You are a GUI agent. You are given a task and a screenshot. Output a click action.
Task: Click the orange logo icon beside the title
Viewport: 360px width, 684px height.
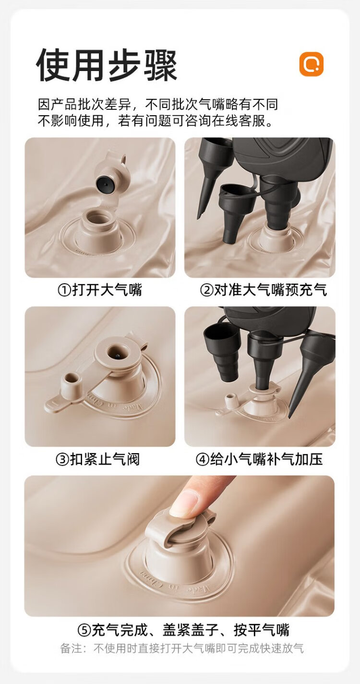coord(311,64)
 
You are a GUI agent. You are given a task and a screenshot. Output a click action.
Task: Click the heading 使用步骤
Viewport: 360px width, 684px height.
coord(107,65)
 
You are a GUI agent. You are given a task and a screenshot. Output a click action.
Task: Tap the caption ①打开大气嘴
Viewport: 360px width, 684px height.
coord(100,290)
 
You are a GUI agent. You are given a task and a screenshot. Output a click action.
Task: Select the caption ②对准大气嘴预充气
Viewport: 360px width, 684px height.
coord(264,290)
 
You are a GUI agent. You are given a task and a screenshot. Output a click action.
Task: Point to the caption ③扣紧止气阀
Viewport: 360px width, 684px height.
coord(98,459)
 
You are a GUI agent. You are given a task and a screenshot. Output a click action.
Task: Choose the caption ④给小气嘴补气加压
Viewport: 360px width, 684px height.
coord(259,459)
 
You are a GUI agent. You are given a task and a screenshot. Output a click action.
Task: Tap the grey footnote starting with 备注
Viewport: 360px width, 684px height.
coord(182,648)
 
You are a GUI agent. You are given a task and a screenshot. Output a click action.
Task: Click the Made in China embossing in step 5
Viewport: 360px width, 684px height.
coord(175,582)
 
